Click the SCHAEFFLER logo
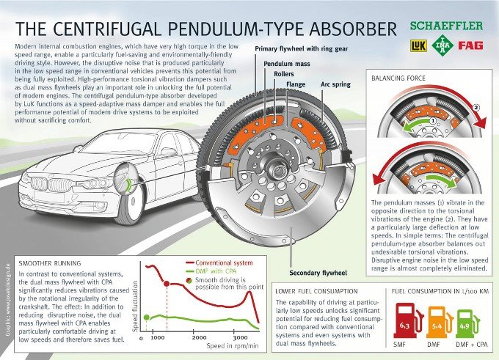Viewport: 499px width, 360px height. point(446,26)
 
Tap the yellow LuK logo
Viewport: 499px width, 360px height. point(418,45)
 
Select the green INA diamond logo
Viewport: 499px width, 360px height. point(442,45)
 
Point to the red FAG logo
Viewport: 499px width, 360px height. point(470,45)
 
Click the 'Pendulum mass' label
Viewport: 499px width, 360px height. point(287,64)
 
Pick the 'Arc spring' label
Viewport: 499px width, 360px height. point(335,84)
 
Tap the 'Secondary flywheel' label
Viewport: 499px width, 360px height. point(318,273)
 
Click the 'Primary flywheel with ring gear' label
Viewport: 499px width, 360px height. point(302,48)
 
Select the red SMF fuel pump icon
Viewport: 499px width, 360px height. point(408,321)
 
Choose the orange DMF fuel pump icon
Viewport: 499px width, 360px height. point(439,322)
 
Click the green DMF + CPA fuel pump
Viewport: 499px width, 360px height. point(468,323)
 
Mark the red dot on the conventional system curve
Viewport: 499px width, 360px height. point(167,283)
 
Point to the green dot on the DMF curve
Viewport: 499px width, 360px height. point(146,317)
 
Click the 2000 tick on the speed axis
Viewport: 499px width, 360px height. point(199,338)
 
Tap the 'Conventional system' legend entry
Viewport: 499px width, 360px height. point(219,262)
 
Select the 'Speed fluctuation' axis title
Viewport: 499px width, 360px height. point(135,306)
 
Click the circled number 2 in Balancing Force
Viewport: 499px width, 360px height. point(476,108)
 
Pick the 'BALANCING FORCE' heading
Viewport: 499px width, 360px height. point(398,78)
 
